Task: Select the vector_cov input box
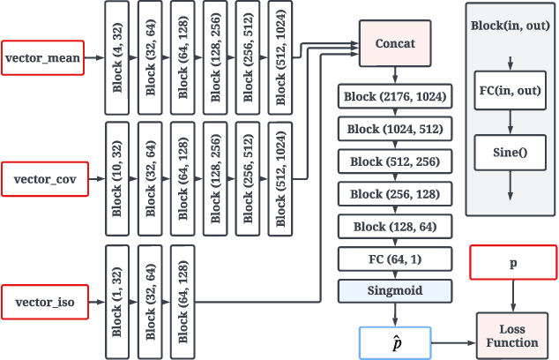[x=43, y=179]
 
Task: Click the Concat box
[x=395, y=42]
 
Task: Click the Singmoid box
[x=395, y=290]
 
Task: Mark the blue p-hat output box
[x=395, y=341]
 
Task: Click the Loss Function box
[x=511, y=335]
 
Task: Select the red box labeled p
[x=511, y=264]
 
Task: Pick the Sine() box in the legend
[x=510, y=151]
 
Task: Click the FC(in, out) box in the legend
[x=510, y=91]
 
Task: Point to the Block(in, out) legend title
[x=510, y=26]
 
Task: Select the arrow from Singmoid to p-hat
[x=395, y=313]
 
